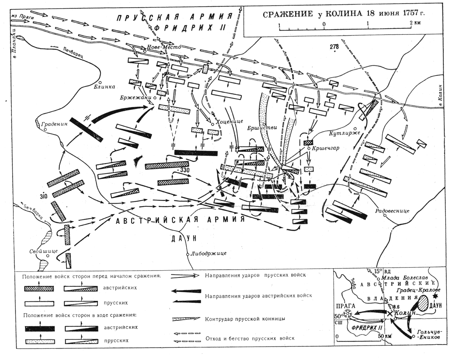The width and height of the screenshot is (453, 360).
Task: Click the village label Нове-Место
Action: click(x=164, y=47)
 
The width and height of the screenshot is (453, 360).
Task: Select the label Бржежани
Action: click(x=135, y=97)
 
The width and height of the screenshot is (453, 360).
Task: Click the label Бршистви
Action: click(x=262, y=128)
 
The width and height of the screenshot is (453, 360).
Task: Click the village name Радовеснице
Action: click(x=392, y=211)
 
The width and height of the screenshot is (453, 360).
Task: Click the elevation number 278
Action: click(x=334, y=46)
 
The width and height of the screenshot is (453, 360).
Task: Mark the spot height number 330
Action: click(x=184, y=169)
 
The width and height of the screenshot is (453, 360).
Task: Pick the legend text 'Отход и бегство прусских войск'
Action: click(x=250, y=338)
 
